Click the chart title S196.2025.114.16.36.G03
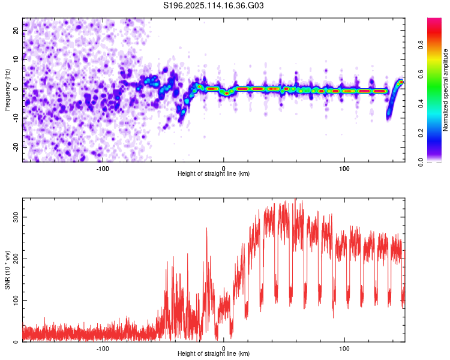pos(213,5)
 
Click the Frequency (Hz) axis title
pos(7,90)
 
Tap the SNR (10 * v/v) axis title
pos(7,270)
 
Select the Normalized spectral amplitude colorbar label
pos(445,90)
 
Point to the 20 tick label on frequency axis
pos(16,31)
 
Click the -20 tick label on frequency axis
pos(16,147)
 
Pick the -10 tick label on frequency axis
pos(16,118)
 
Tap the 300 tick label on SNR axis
pos(16,217)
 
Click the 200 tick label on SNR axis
pos(16,259)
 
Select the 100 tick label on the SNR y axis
pos(16,300)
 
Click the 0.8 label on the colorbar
pos(421,45)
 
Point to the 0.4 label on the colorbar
pos(421,104)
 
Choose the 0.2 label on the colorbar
pos(421,133)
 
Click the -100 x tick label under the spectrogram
pos(103,169)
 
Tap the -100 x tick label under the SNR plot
pos(103,349)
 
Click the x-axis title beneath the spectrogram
pos(214,173)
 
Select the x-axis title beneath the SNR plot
pos(214,353)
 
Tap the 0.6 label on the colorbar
pos(421,74)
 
